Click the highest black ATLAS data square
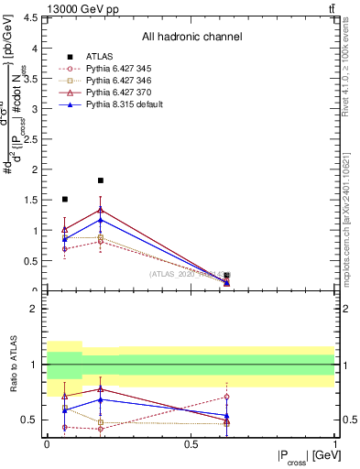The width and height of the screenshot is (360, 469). click(101, 180)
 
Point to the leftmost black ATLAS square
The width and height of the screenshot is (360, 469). click(64, 199)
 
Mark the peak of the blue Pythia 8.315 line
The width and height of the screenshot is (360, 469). click(101, 220)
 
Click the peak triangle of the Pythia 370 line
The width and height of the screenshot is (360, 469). click(101, 210)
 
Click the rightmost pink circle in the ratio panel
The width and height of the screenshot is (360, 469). click(226, 397)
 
